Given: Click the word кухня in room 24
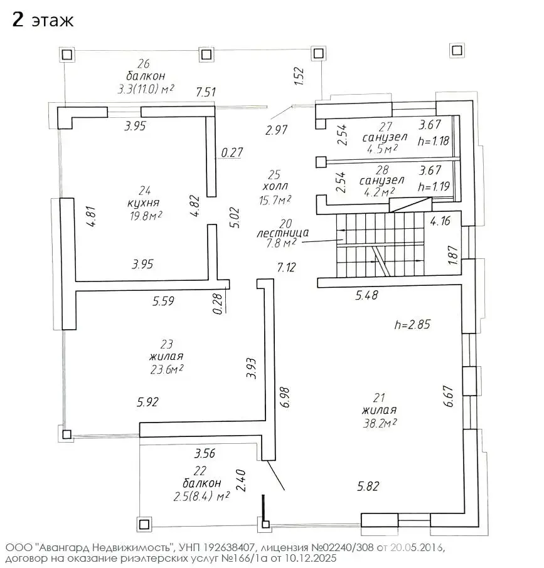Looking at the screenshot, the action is pos(144,202).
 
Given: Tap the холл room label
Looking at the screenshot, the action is pos(275,186).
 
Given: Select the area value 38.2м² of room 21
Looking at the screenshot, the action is pos(380,423).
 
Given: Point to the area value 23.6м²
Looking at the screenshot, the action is pos(167,369).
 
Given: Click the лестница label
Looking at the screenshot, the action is pos(283,233).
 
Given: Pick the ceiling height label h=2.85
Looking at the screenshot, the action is pos(412,324).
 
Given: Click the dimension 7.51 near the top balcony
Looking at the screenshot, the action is pos(206,92).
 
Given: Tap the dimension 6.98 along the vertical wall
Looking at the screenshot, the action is pos(285,397).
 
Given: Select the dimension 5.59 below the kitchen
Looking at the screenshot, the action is pos(163,301).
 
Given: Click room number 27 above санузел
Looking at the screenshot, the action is pos(386,127).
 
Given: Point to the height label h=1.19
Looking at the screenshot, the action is pos(434,186).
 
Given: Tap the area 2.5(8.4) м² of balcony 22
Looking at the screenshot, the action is pos(201,496).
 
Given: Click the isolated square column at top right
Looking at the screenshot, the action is pos(457,50).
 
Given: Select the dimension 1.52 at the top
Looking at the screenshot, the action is pos(299,76).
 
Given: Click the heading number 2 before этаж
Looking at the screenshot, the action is pos(18,19).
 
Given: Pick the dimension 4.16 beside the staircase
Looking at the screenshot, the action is pos(440,221).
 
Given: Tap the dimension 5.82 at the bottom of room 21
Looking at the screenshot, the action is pos(368,486).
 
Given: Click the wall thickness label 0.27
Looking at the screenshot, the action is pos(232,152).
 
